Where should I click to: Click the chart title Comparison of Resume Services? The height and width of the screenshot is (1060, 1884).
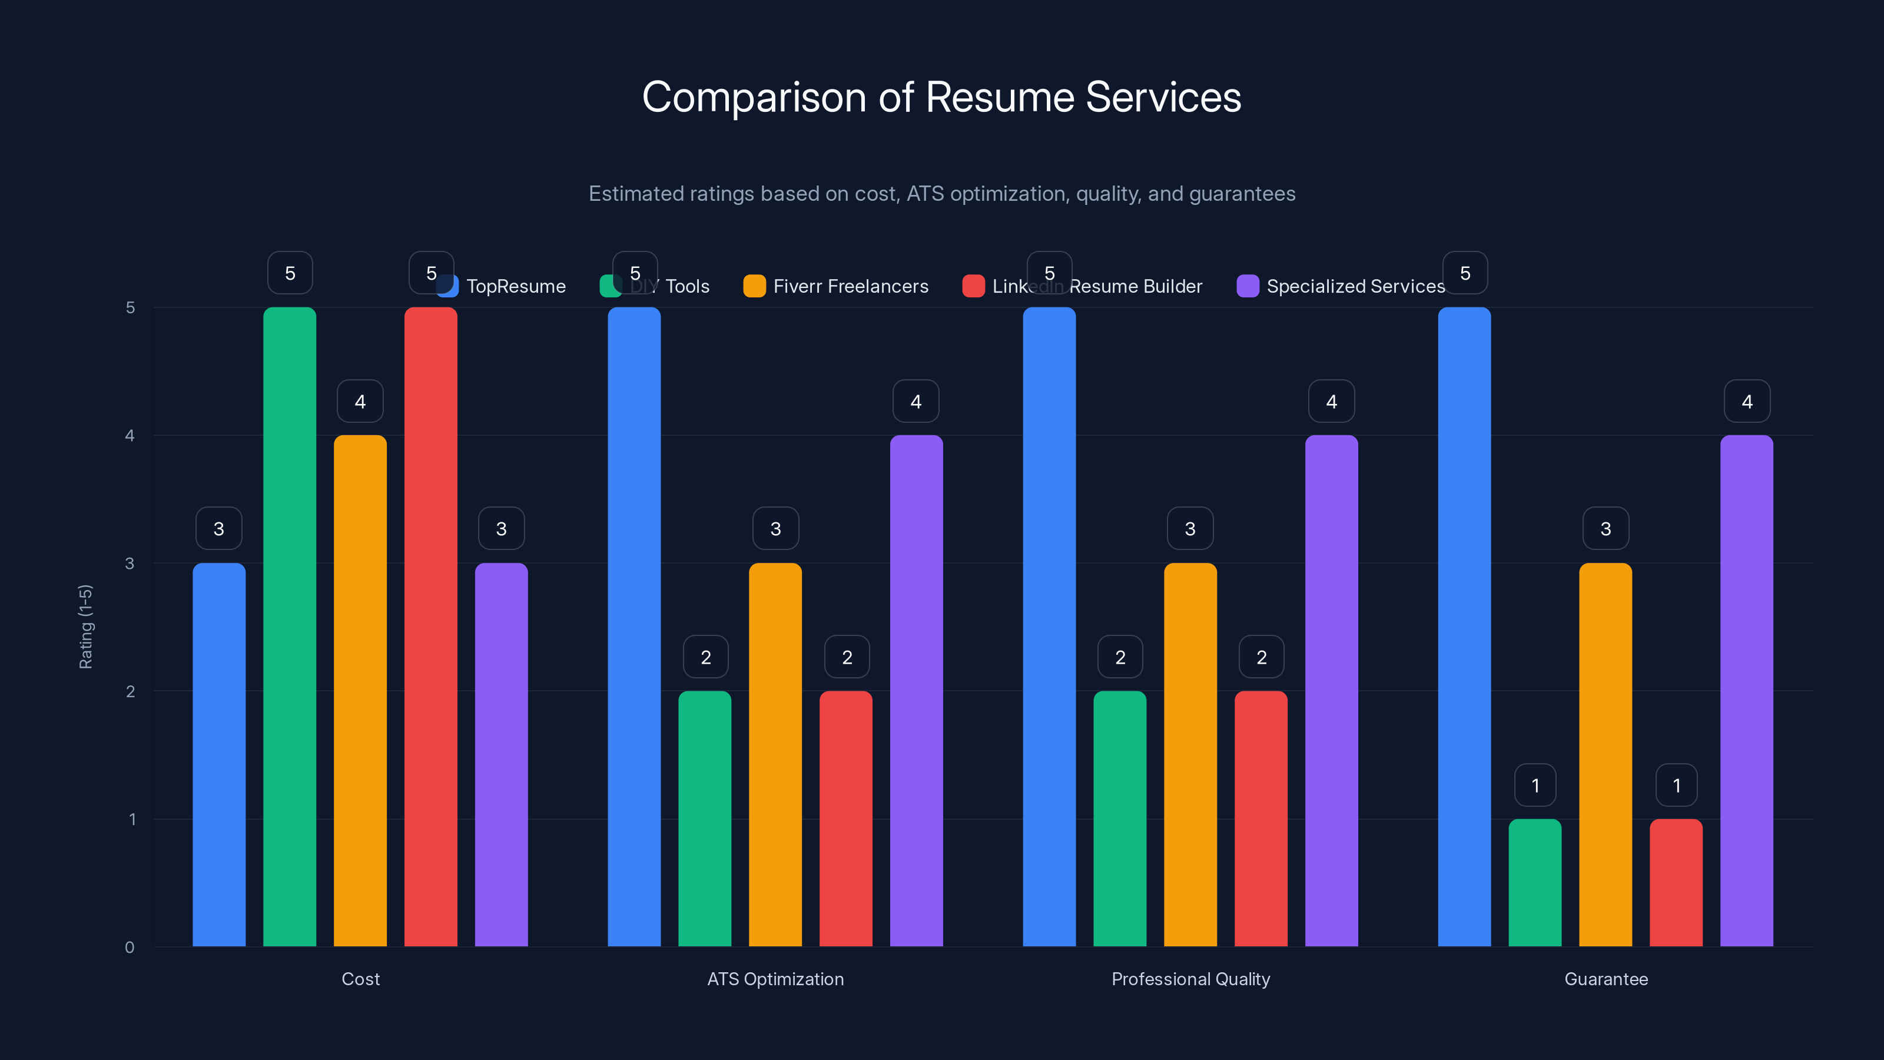coord(941,97)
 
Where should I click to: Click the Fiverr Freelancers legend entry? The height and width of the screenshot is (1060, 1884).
coord(850,286)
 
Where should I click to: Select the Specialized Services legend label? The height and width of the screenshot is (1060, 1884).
coord(1355,286)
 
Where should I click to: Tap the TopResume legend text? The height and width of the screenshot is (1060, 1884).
coord(516,286)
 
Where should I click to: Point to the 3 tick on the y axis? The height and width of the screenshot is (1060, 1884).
coord(130,564)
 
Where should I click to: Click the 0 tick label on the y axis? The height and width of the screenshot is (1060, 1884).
coord(130,948)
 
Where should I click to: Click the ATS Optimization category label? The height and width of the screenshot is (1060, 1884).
coord(775,979)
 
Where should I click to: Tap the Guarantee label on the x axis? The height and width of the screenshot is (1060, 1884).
coord(1606,979)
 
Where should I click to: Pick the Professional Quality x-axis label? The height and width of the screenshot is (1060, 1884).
coord(1190,979)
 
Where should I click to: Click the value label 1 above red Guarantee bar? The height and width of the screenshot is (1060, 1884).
coord(1676,785)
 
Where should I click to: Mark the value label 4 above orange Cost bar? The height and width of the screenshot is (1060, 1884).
coord(360,401)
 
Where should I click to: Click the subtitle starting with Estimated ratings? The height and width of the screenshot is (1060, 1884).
coord(941,194)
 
